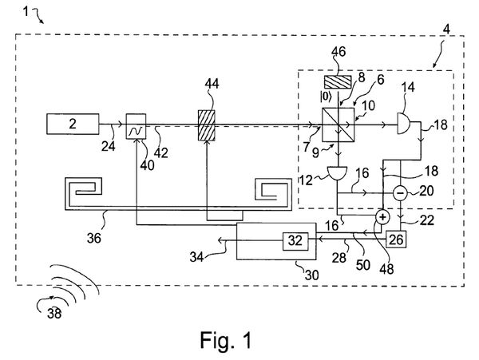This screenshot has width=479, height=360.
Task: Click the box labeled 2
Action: click(x=73, y=125)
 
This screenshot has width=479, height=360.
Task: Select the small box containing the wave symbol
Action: click(x=137, y=125)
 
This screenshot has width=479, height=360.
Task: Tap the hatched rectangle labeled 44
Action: click(x=207, y=125)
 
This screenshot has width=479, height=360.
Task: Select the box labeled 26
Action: click(x=397, y=239)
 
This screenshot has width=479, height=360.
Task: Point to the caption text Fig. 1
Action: click(x=227, y=342)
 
